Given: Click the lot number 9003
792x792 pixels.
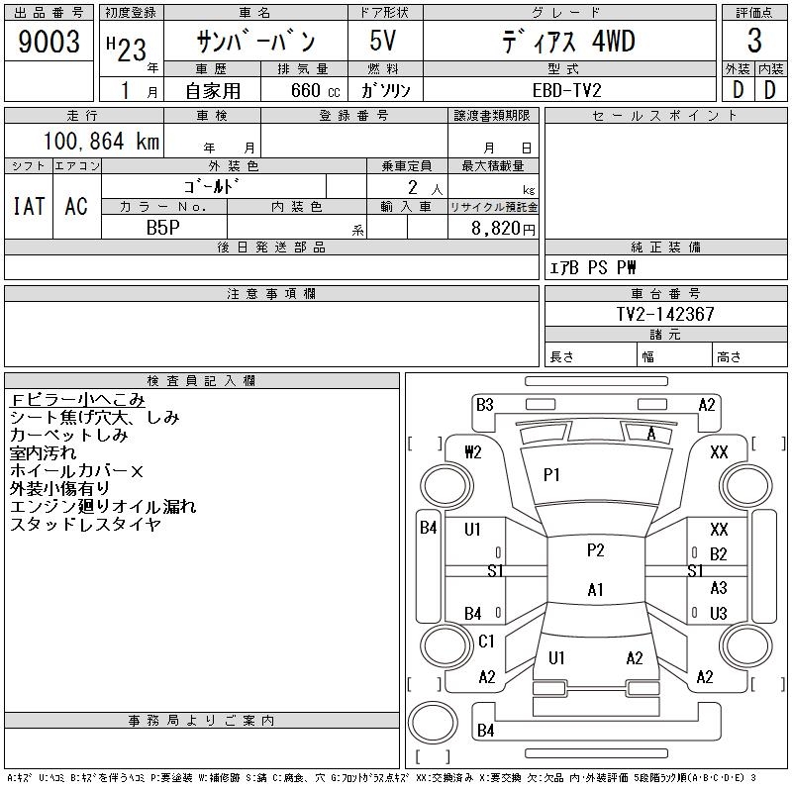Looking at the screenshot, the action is click(49, 42).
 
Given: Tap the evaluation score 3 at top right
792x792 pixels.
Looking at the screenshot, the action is click(754, 41).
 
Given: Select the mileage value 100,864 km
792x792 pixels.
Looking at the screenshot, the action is click(102, 141).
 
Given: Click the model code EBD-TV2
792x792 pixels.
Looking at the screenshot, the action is click(566, 90).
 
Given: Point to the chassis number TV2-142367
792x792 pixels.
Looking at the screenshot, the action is click(665, 314).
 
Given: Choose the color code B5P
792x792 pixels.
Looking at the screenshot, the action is click(163, 228).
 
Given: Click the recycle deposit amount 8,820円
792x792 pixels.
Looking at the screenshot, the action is click(503, 229).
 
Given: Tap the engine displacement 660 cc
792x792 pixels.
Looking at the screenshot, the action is click(316, 90).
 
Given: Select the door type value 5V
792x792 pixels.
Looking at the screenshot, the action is click(383, 41).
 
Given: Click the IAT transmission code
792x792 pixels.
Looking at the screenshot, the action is click(29, 206).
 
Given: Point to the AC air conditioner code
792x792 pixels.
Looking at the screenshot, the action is click(76, 206).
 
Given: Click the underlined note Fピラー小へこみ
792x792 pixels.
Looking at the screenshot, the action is click(77, 400).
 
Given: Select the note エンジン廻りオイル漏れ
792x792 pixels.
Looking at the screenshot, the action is click(103, 506).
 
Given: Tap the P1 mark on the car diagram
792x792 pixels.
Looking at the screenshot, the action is click(551, 475).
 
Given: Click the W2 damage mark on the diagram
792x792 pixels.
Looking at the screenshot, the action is click(473, 451).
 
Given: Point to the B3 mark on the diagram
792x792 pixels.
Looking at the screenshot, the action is click(485, 405).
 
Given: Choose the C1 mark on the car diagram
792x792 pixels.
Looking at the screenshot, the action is click(486, 641).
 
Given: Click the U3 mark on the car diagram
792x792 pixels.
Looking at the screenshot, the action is click(719, 613).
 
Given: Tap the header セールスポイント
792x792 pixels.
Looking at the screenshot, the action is click(665, 116).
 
